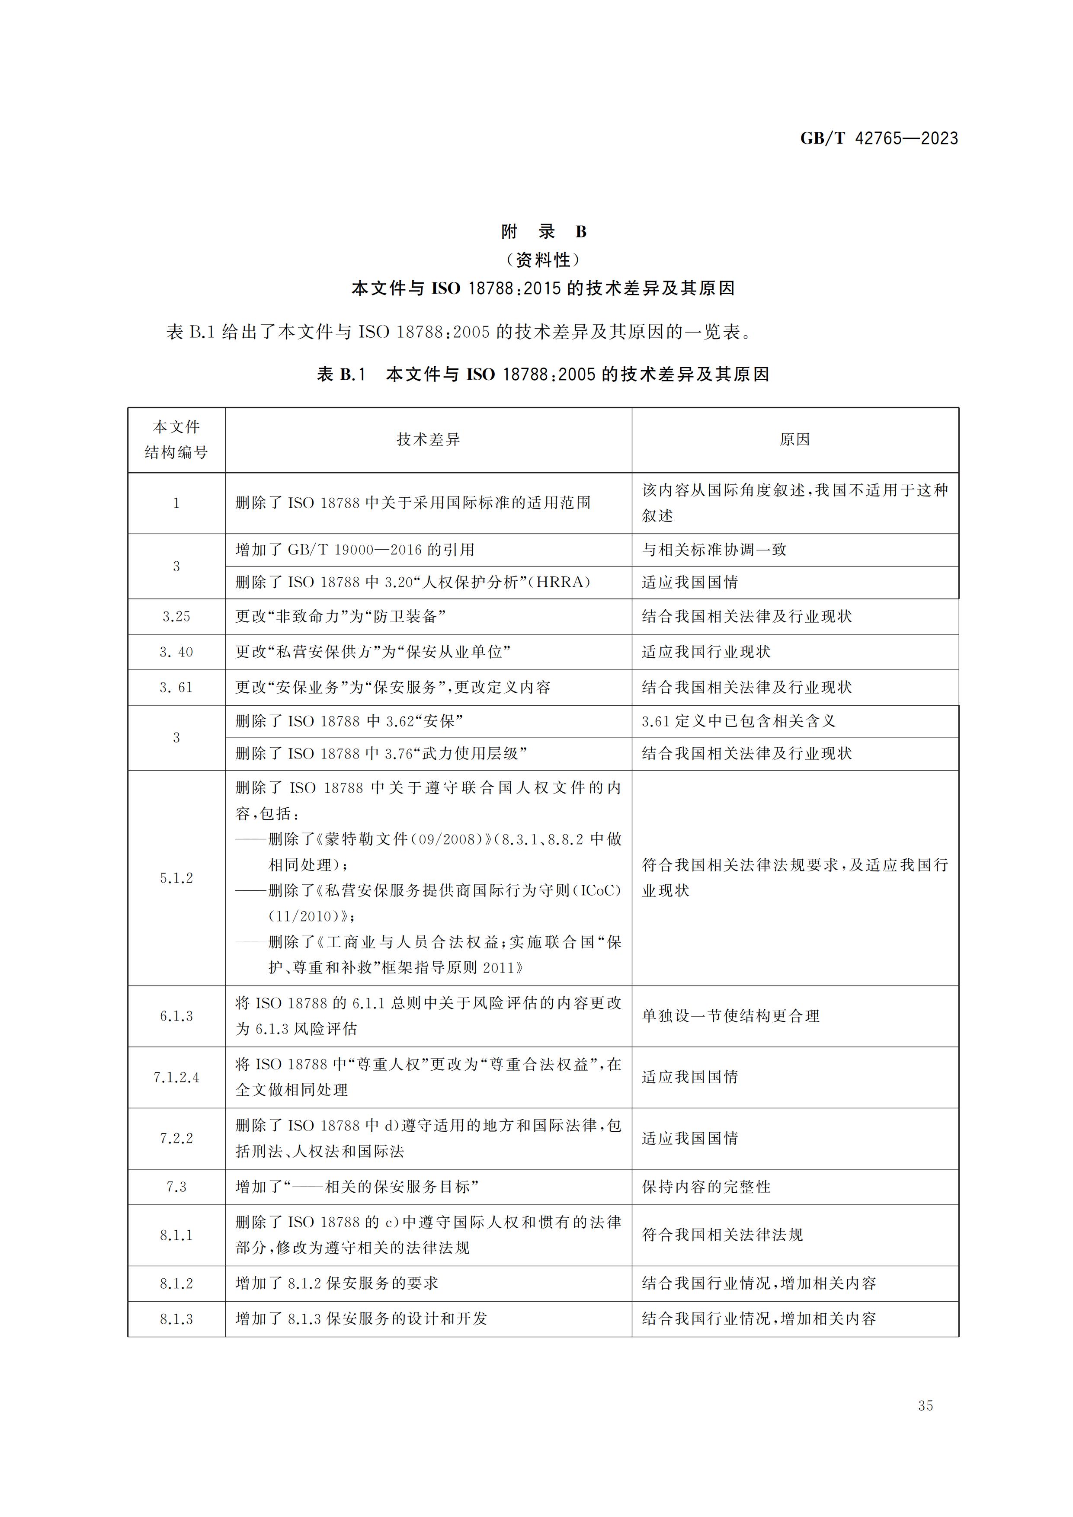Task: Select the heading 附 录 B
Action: (543, 232)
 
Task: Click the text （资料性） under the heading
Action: (543, 259)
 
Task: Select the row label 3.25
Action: (176, 617)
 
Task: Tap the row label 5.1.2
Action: (176, 877)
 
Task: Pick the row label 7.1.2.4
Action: (176, 1077)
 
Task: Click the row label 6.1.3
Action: (176, 1015)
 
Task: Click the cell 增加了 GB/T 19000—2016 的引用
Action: (355, 550)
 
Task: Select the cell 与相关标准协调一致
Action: (714, 550)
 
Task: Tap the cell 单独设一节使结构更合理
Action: (730, 1015)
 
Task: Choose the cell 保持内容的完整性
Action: (706, 1187)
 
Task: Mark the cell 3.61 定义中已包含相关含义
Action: (738, 721)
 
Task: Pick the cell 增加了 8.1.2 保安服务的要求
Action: (336, 1283)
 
